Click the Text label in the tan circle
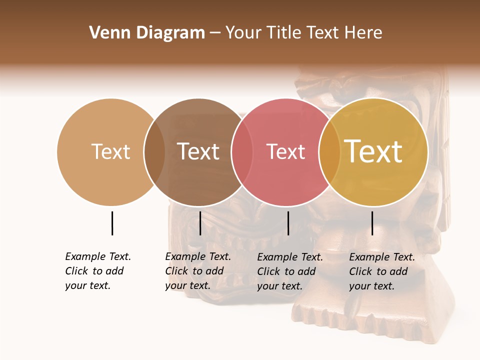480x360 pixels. tap(111, 151)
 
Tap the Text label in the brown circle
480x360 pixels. tap(198, 151)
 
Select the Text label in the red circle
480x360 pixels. tap(285, 151)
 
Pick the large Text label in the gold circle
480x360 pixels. tap(373, 151)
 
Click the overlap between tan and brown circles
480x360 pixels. tap(154, 152)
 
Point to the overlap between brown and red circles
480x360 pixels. tap(241, 152)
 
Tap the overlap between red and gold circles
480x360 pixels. tap(329, 152)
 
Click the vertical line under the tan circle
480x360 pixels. tap(112, 223)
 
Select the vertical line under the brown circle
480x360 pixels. tap(200, 223)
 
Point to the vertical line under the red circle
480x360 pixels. tap(288, 223)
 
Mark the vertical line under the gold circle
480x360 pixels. tap(372, 223)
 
